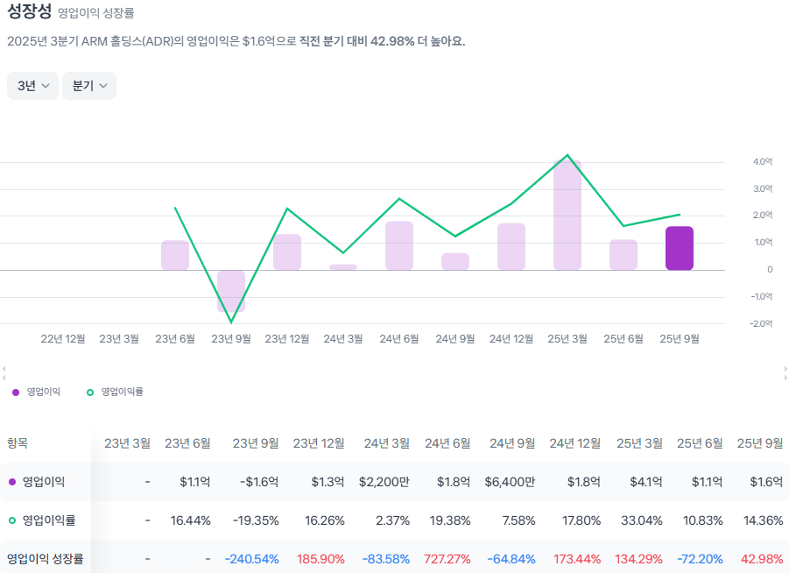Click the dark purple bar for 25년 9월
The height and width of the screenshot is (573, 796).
pyautogui.click(x=680, y=248)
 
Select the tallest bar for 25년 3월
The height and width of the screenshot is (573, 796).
pyautogui.click(x=567, y=216)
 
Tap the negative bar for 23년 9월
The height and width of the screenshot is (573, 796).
pyautogui.click(x=231, y=290)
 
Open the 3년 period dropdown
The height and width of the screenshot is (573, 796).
pyautogui.click(x=32, y=86)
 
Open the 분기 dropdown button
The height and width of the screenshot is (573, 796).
pyautogui.click(x=88, y=86)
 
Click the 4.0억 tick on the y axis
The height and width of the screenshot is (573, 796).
pyautogui.click(x=762, y=161)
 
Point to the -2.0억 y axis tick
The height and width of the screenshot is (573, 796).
pyautogui.click(x=762, y=323)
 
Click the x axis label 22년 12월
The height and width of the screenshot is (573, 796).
pyautogui.click(x=63, y=338)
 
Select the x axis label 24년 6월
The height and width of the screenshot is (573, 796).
pyautogui.click(x=399, y=338)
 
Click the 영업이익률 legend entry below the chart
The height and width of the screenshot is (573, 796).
pyautogui.click(x=116, y=392)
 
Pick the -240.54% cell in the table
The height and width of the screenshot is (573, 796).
pyautogui.click(x=251, y=558)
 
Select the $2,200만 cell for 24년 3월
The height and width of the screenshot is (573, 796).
pyautogui.click(x=384, y=482)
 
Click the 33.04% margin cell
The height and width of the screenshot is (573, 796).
pyautogui.click(x=638, y=520)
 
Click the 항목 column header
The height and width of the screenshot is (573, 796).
pyautogui.click(x=18, y=443)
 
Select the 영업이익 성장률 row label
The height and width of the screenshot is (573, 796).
pyautogui.click(x=46, y=558)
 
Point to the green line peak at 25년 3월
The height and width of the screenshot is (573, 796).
pyautogui.click(x=567, y=155)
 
